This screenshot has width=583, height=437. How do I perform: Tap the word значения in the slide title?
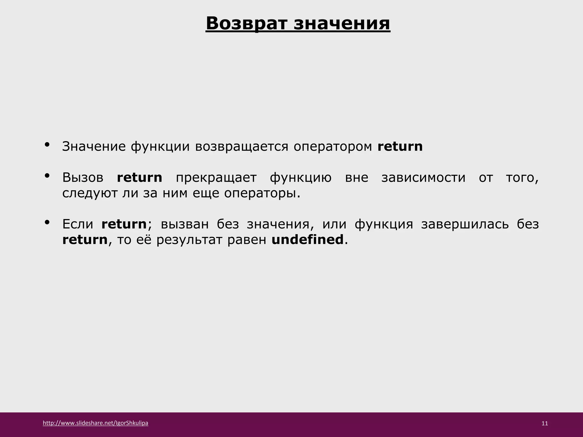pyautogui.click(x=342, y=23)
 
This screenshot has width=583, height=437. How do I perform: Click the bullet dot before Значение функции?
pyautogui.click(x=47, y=145)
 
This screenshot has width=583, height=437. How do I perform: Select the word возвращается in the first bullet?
pyautogui.click(x=242, y=147)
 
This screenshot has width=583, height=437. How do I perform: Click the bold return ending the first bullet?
pyautogui.click(x=400, y=147)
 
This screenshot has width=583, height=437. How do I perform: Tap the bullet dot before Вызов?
pyautogui.click(x=47, y=176)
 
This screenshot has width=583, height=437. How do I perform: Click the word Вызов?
pyautogui.click(x=83, y=178)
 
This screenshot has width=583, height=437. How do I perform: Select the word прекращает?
pyautogui.click(x=216, y=178)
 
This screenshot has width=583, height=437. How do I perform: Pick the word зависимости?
pyautogui.click(x=423, y=178)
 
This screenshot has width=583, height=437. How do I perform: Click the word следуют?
pyautogui.click(x=89, y=193)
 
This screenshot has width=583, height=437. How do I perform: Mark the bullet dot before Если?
pyautogui.click(x=47, y=222)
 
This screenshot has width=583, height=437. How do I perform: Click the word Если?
pyautogui.click(x=78, y=224)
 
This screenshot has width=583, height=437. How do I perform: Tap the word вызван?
pyautogui.click(x=185, y=224)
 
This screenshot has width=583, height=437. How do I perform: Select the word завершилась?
pyautogui.click(x=465, y=224)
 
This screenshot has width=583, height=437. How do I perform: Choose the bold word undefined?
pyautogui.click(x=307, y=240)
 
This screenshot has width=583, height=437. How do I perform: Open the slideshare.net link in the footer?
pyautogui.click(x=96, y=423)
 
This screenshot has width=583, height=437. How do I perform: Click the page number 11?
pyautogui.click(x=545, y=424)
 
